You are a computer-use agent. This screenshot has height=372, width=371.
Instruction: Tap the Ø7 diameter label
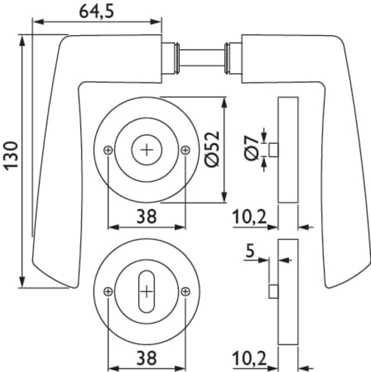pos(251,148)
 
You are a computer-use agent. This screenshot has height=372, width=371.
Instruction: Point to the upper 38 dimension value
pos(146,215)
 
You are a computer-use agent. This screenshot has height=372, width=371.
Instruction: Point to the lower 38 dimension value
pos(146,358)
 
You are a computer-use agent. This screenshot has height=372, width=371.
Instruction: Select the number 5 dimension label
pos(250,252)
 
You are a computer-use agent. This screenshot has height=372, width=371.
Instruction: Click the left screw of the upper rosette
pos(108,150)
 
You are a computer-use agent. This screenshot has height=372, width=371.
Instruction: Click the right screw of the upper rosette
pos(185,150)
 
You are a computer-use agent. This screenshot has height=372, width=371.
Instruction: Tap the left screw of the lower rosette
pos(108,292)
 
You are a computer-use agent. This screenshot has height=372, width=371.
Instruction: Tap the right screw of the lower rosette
pos(185,292)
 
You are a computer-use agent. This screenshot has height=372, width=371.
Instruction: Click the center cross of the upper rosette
pos(146,150)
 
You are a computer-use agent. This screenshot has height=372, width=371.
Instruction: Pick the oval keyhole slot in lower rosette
pos(146,292)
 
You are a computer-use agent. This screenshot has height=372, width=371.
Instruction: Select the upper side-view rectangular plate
pos(288,150)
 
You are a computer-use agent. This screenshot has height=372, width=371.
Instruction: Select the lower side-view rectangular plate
pos(288,292)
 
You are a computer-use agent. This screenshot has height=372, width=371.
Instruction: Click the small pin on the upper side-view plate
pos(273,150)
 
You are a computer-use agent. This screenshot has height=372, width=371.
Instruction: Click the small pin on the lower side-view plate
pos(273,292)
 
